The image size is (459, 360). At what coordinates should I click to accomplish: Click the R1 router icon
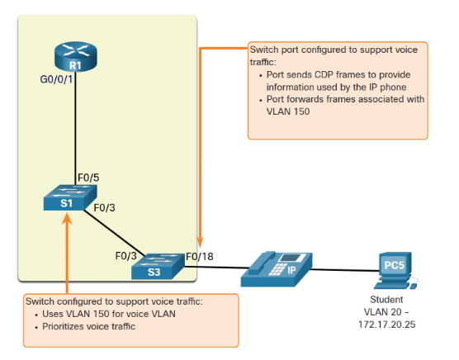[x=75, y=56]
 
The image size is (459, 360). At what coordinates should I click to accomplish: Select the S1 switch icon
[x=70, y=197]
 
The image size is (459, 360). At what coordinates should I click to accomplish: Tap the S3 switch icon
[x=158, y=267]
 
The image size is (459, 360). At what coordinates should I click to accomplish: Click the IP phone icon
[x=277, y=268]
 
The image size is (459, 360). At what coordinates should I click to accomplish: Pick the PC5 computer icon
[x=395, y=271]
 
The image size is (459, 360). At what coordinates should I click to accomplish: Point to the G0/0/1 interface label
[x=56, y=79]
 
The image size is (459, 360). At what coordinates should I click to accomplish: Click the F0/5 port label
[x=88, y=178]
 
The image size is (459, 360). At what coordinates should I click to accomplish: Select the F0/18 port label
[x=200, y=257]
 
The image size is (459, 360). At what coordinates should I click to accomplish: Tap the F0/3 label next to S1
[x=104, y=208]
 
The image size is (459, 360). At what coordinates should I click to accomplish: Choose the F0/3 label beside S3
[x=125, y=256]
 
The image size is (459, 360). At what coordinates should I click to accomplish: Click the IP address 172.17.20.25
[x=386, y=324]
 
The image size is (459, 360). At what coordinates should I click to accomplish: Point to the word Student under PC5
[x=386, y=300]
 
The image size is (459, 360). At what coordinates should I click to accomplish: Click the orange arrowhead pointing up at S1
[x=67, y=218]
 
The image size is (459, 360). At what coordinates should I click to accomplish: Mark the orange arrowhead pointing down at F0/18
[x=200, y=243]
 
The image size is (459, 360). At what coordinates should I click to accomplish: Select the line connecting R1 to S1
[x=75, y=128]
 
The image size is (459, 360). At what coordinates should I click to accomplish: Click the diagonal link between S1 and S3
[x=114, y=233]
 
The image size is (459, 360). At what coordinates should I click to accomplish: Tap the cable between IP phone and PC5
[x=345, y=270]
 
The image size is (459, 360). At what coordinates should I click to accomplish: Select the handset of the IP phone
[x=262, y=262]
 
